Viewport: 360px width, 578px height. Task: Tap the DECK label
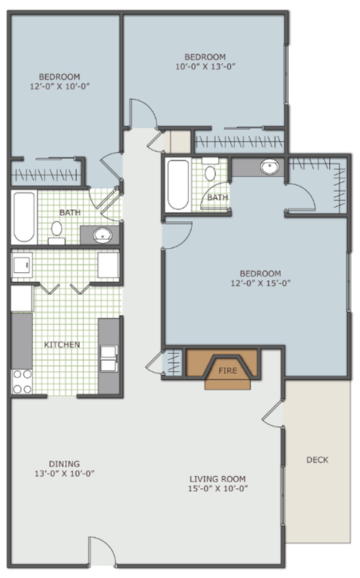317,460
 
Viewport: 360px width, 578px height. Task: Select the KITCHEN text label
62,345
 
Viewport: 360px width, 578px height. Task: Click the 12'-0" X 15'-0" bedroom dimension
259,283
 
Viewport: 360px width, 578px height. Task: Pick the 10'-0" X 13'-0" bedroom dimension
205,66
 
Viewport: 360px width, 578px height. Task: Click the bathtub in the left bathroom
22,217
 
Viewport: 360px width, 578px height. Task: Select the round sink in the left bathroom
102,235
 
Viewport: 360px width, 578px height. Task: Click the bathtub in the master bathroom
178,184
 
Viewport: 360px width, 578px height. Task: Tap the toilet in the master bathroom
210,174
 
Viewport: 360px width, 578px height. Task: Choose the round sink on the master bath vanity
270,166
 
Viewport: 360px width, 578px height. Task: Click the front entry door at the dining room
103,553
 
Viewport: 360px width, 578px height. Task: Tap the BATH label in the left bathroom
70,213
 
